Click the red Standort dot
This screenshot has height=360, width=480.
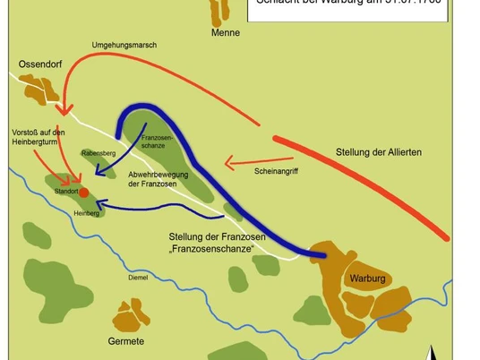click(x=83, y=193)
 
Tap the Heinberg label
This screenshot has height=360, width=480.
click(x=86, y=213)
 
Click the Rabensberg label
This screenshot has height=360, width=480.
click(x=99, y=152)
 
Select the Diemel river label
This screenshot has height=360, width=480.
click(x=138, y=278)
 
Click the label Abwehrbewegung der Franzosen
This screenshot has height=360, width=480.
click(x=162, y=178)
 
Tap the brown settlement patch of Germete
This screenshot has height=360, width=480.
click(x=131, y=315)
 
